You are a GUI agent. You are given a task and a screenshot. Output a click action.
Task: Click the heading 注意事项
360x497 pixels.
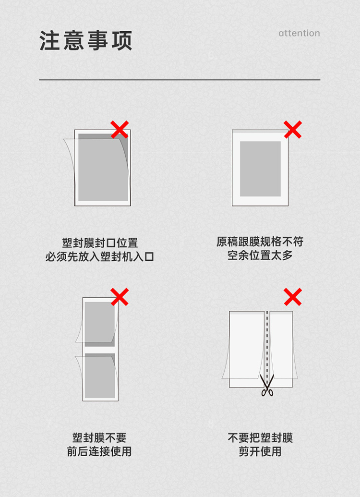coord(85,40)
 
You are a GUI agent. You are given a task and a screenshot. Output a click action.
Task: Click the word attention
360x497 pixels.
coord(299,33)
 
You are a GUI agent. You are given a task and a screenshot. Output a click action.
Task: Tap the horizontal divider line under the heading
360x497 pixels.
coord(180,80)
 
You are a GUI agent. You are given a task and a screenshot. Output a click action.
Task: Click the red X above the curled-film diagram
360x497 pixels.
coord(120,129)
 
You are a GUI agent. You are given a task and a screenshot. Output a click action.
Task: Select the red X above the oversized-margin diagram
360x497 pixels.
coord(293,129)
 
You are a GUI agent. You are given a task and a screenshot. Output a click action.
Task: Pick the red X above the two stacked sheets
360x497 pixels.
coord(120,297)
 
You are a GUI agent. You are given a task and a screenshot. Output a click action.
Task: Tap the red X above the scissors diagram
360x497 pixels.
coord(293,297)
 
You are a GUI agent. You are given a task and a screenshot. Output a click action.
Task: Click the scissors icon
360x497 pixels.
coord(267,385)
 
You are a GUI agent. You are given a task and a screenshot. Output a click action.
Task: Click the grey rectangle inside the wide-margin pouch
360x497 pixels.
coord(260,169)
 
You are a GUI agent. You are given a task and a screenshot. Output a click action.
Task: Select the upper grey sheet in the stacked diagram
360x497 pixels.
coord(100,324)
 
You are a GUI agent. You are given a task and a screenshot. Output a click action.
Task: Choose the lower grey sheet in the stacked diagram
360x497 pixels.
coord(100,376)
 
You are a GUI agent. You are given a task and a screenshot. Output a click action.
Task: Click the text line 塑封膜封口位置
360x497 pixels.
coord(100,243)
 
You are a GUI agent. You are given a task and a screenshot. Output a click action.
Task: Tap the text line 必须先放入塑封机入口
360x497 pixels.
coord(99,256)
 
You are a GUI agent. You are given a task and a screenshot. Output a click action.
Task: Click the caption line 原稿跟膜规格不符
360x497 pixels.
coord(260,242)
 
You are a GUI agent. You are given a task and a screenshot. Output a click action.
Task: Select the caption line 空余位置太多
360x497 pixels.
coord(260,255)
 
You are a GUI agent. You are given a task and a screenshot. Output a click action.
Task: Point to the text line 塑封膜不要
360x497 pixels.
coord(99,438)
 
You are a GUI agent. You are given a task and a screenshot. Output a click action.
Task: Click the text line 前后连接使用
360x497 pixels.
coord(99,451)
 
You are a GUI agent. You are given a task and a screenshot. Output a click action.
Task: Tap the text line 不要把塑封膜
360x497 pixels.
coord(260,438)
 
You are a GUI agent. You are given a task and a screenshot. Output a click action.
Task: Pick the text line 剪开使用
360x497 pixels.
coord(260,451)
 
